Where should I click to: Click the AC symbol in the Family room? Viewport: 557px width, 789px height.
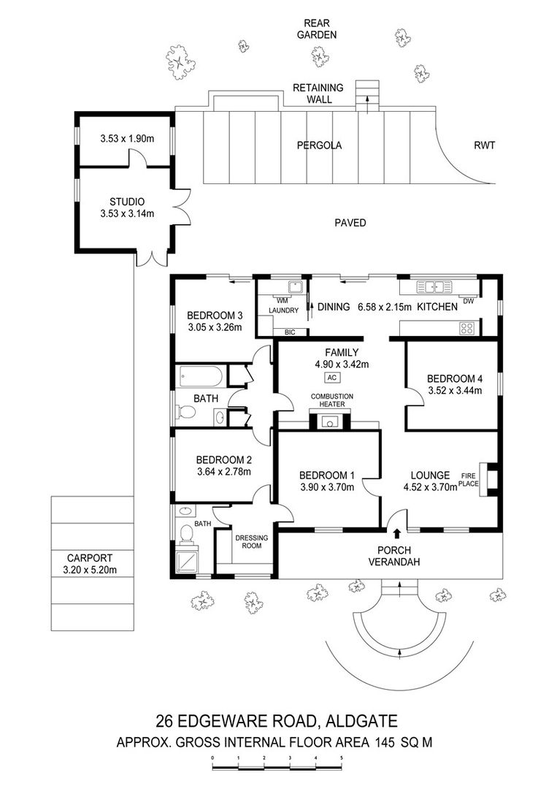point(331,378)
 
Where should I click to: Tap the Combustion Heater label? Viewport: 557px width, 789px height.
point(331,400)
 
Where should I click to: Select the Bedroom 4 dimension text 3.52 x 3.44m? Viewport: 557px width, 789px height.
point(455,390)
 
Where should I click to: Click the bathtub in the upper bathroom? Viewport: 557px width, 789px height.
point(201,376)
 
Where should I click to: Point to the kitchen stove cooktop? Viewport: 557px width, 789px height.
point(466,329)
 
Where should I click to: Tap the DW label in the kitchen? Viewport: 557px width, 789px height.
point(468,302)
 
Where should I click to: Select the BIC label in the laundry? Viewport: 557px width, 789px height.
point(290,332)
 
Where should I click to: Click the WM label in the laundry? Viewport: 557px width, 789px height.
point(282,301)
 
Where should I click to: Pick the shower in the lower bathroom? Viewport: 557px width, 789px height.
point(187,561)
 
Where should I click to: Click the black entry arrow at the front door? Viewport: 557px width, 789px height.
point(397,533)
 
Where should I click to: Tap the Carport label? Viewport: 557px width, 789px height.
point(90,558)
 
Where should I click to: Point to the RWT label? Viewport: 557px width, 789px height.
point(485,145)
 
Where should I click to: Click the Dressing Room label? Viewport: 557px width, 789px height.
point(252,541)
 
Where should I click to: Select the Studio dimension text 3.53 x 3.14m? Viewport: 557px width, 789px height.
point(127,214)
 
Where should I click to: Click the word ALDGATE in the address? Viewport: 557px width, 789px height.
point(361,721)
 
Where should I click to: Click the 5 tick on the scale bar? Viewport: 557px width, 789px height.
point(342,758)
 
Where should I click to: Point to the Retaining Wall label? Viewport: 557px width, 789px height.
point(318,94)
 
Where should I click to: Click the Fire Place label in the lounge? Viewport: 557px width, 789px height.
point(469,479)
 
